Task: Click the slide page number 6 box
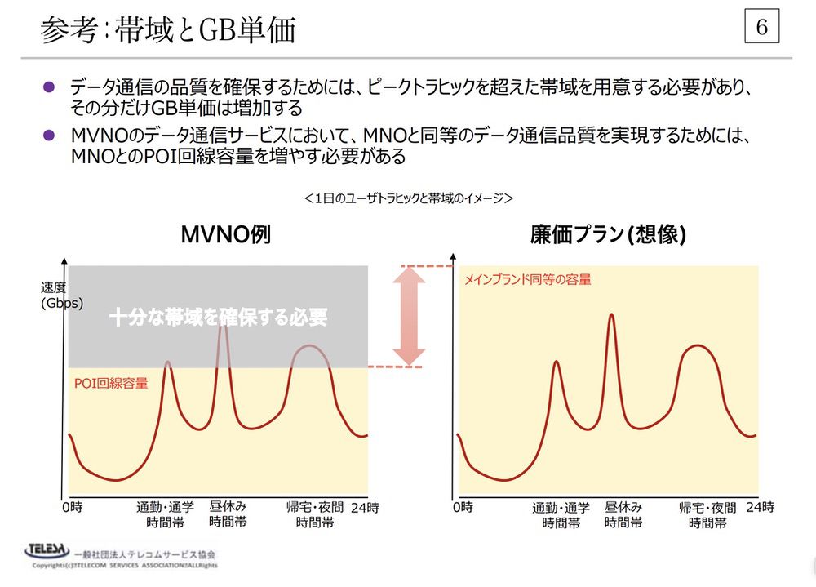[x=762, y=28]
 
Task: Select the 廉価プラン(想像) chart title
[x=607, y=235]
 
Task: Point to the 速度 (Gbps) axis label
[x=62, y=295]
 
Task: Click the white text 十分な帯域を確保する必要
[x=218, y=317]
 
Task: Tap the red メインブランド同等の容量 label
[x=527, y=279]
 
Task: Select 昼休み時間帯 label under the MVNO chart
[x=228, y=514]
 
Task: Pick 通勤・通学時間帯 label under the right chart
[x=561, y=515]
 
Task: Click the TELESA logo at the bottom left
[x=48, y=552]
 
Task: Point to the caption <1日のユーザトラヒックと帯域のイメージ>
[x=407, y=198]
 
